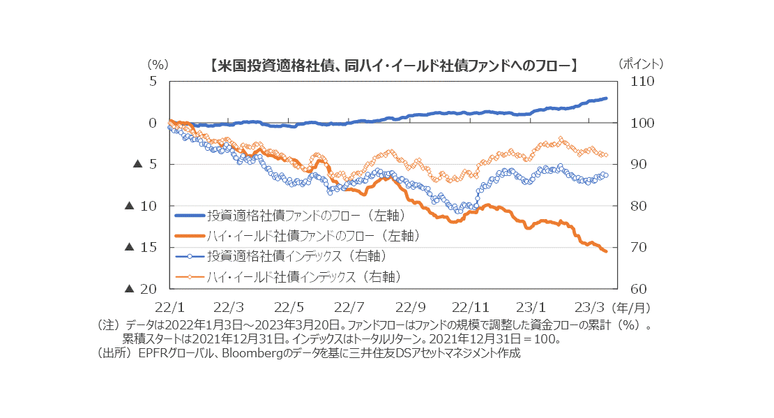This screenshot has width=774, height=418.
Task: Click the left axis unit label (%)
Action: pyautogui.click(x=158, y=64)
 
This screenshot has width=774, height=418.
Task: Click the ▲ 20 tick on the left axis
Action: pyautogui.click(x=143, y=289)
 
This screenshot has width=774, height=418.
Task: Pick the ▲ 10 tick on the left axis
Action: pyautogui.click(x=143, y=206)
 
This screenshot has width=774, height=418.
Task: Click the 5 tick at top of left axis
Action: pyautogui.click(x=153, y=82)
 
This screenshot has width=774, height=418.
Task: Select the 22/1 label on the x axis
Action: pyautogui.click(x=169, y=306)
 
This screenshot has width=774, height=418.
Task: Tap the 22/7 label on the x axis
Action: pyautogui.click(x=349, y=306)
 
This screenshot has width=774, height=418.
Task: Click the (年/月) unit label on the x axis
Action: pyautogui.click(x=630, y=306)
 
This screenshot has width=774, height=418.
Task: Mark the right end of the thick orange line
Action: pyautogui.click(x=606, y=251)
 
